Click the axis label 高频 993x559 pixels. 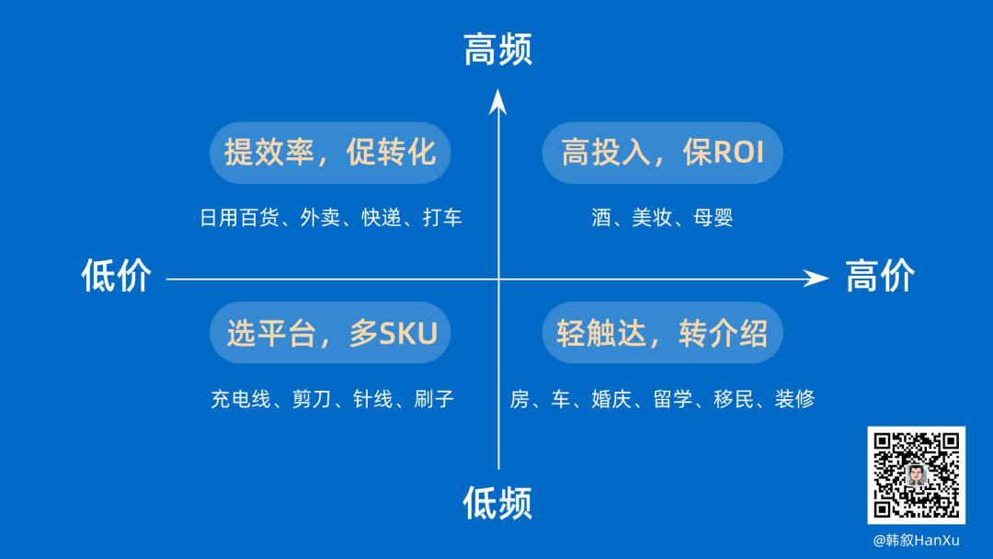tap(497, 50)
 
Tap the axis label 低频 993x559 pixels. tap(497, 503)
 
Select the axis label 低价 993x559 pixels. tap(116, 276)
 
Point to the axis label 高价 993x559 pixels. tap(880, 276)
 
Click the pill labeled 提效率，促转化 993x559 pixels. tap(330, 152)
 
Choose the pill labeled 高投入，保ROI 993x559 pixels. tap(662, 152)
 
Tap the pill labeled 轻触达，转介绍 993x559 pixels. tap(662, 333)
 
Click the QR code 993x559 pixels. tap(916, 475)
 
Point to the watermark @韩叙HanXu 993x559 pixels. tap(916, 540)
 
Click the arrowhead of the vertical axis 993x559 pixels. tap(497, 100)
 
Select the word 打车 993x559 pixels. tap(442, 218)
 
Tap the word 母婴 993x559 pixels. tap(713, 218)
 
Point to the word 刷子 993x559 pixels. tap(434, 399)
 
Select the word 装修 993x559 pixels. tap(794, 399)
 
